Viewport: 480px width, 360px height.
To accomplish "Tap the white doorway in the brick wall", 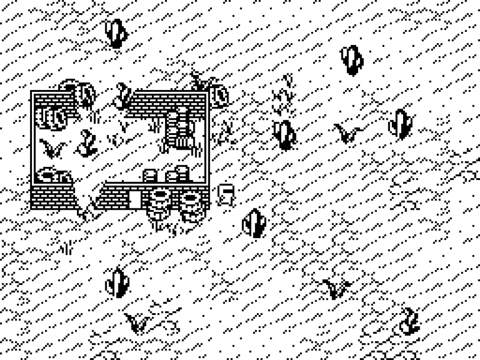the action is tap(135, 198).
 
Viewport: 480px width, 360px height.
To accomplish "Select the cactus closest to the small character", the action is tap(255, 223).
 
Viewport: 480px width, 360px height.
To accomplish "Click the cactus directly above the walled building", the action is tap(116, 33).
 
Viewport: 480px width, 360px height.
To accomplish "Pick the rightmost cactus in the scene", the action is tap(399, 124).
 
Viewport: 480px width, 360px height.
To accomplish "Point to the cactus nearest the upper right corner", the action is tap(352, 60).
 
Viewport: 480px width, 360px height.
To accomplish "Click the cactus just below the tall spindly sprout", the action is tap(285, 135).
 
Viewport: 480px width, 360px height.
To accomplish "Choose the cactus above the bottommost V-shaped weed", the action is tap(117, 283).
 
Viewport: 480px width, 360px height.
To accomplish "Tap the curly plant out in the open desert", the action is tap(409, 321).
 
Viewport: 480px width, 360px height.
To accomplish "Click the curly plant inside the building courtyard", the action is tap(87, 143).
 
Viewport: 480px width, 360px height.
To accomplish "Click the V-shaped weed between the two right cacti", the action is tap(347, 133).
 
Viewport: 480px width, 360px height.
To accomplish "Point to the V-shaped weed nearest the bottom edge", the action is tap(138, 323).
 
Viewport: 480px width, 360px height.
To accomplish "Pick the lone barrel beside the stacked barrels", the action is tap(150, 175).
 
